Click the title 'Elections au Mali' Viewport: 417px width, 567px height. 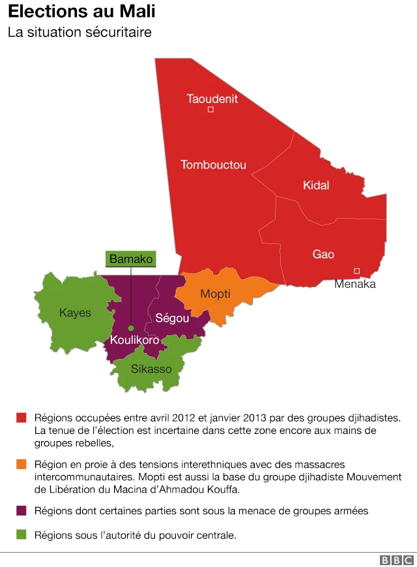tap(81, 12)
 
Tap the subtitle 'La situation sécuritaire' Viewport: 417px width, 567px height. tap(79, 32)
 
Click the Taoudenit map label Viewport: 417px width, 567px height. tap(212, 99)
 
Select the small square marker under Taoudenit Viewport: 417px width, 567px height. tap(210, 110)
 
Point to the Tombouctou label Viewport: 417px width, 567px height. tap(214, 165)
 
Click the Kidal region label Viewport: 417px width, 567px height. tap(316, 185)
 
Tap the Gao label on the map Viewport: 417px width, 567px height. tap(323, 254)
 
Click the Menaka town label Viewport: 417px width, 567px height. tap(355, 284)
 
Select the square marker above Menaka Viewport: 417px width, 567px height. tap(356, 271)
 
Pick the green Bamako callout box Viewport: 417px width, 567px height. tap(131, 259)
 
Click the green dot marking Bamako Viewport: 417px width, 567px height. tap(131, 328)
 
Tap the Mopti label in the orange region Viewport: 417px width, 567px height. tap(215, 294)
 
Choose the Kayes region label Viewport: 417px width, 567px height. tap(75, 313)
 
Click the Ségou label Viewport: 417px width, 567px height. tap(172, 318)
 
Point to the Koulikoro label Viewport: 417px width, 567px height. tap(134, 340)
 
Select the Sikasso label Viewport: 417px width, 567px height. tap(151, 369)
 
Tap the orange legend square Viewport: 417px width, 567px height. tap(22, 465)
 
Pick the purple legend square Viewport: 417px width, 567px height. tap(22, 511)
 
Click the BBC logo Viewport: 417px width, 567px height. tap(396, 560)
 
